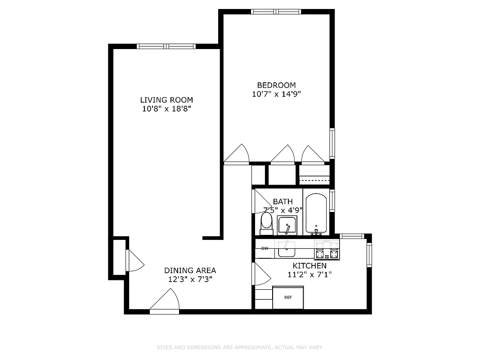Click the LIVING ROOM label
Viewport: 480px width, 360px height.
pyautogui.click(x=166, y=100)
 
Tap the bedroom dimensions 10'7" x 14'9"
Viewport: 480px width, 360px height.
pyautogui.click(x=276, y=94)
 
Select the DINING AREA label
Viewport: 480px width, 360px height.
pyautogui.click(x=190, y=270)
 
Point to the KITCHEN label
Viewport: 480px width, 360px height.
pyautogui.click(x=310, y=266)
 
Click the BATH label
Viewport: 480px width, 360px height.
pyautogui.click(x=283, y=202)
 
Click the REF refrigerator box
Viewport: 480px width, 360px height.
pyautogui.click(x=288, y=297)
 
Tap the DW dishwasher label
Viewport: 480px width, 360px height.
pyautogui.click(x=265, y=248)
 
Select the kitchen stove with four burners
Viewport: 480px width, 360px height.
pyautogui.click(x=327, y=251)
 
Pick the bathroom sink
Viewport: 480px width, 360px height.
pyautogui.click(x=287, y=225)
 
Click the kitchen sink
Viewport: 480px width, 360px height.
pyautogui.click(x=286, y=248)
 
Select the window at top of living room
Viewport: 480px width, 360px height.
pyautogui.click(x=166, y=46)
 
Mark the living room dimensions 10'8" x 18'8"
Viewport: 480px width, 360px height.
pyautogui.click(x=166, y=109)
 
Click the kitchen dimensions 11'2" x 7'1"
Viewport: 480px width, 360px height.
pyautogui.click(x=310, y=274)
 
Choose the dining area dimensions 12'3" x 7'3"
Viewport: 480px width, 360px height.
pyautogui.click(x=190, y=279)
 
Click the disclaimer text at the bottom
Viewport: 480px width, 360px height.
pyautogui.click(x=240, y=347)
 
